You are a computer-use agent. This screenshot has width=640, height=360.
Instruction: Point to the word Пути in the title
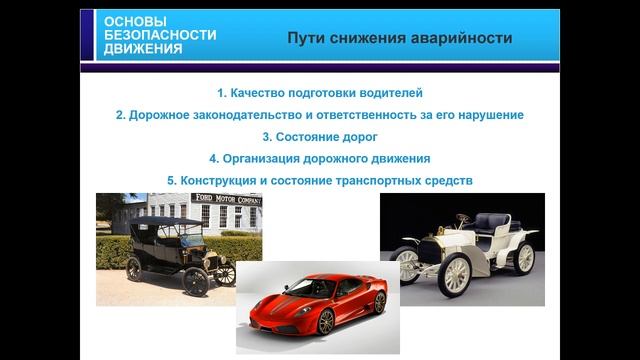[x=306, y=39]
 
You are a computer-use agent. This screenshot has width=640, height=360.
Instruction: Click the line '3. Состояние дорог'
[x=319, y=136]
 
